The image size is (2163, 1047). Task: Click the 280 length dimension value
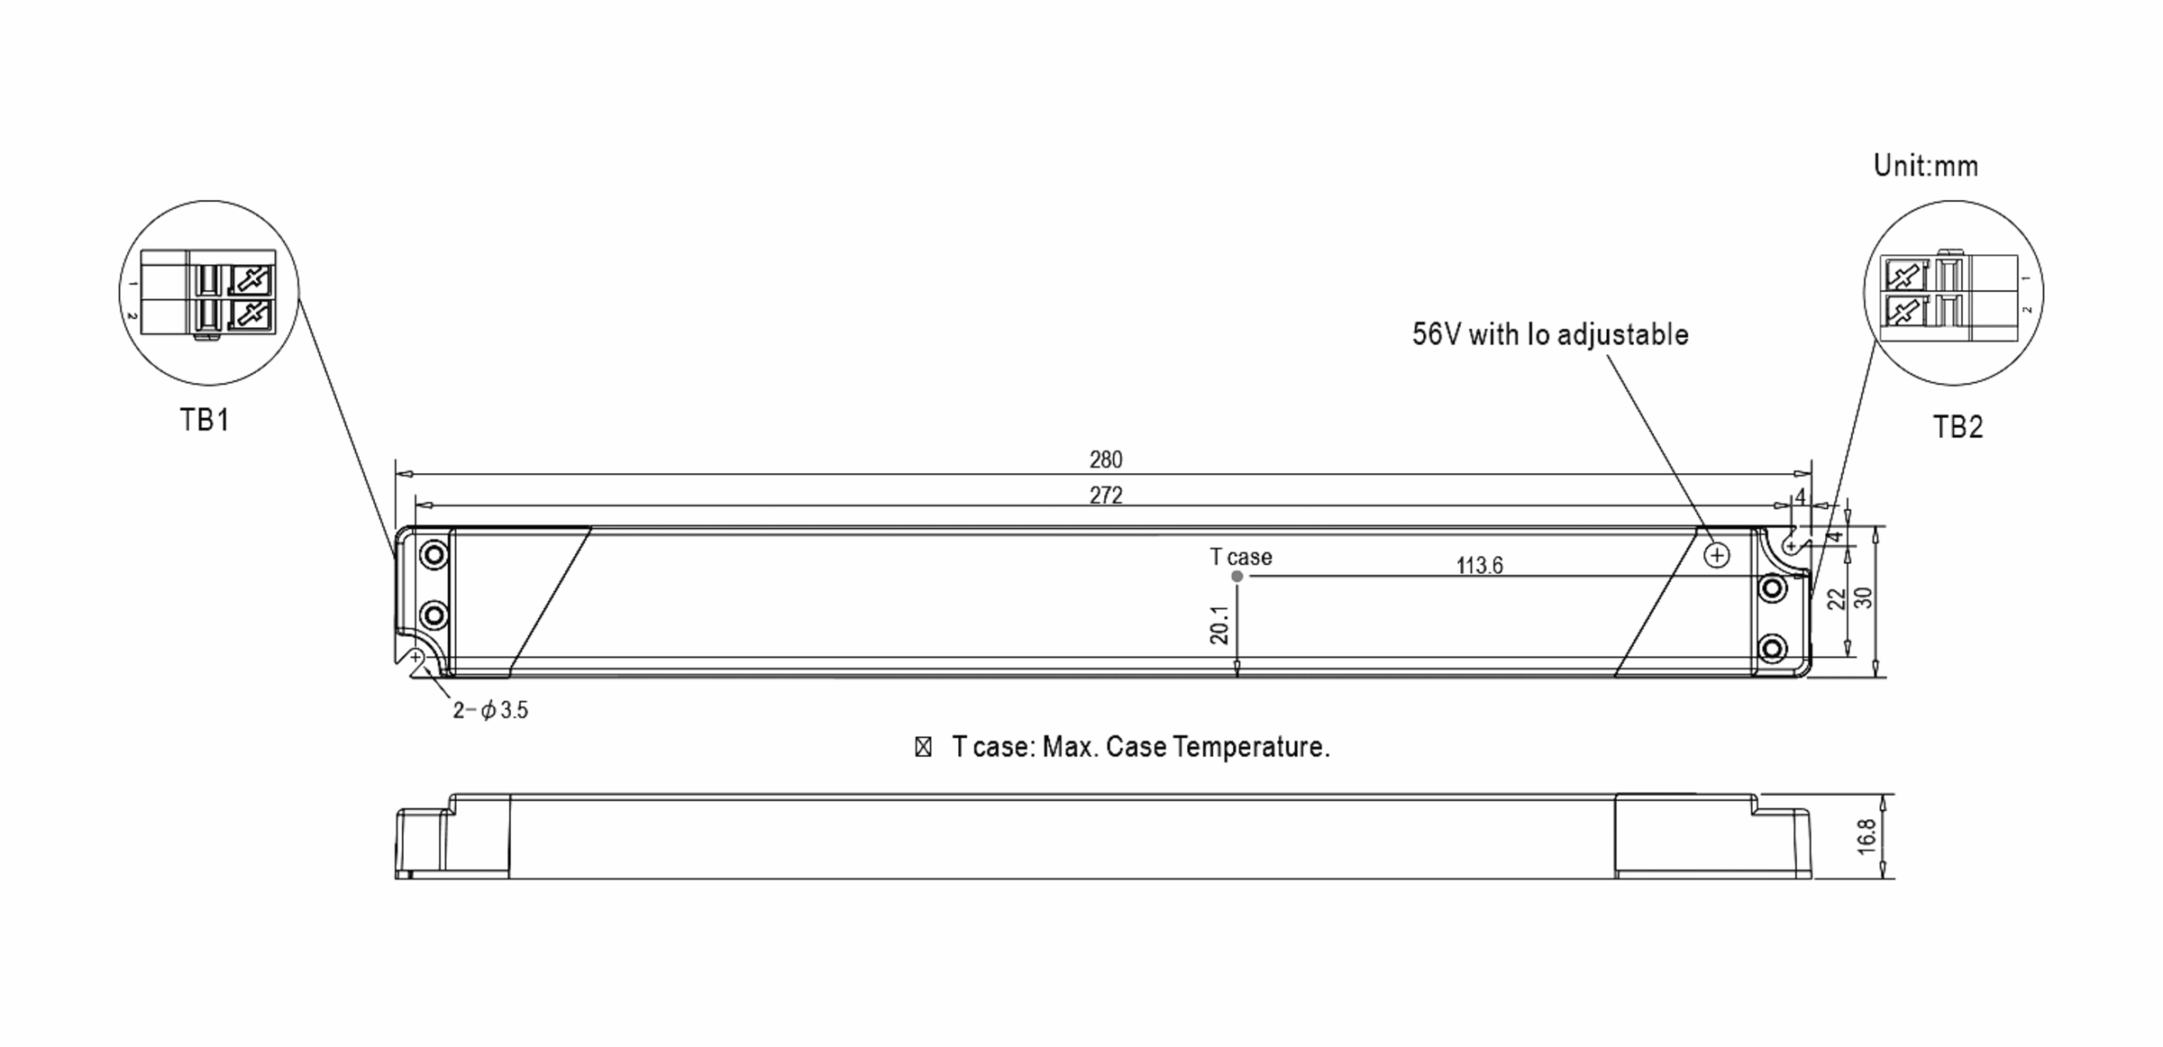[1106, 460]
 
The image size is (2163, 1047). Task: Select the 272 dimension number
[1106, 496]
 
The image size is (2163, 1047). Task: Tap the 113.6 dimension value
[1480, 566]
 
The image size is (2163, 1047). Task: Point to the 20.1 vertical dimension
[1219, 624]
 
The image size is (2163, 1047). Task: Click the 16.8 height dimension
[1866, 836]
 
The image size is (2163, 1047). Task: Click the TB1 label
[205, 421]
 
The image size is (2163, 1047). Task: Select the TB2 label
[1958, 427]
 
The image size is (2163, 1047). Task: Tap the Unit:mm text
[1926, 166]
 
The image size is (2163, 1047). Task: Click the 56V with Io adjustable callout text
[1550, 335]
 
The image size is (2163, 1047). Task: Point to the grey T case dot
[1237, 577]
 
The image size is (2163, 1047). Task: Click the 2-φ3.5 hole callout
[490, 711]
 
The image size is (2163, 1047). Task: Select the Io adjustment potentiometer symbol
[1717, 556]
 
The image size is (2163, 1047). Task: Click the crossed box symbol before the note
[923, 748]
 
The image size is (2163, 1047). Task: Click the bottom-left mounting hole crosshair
[416, 658]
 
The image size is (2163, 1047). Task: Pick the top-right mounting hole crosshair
[1791, 547]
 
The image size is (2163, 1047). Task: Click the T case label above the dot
[1241, 558]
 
